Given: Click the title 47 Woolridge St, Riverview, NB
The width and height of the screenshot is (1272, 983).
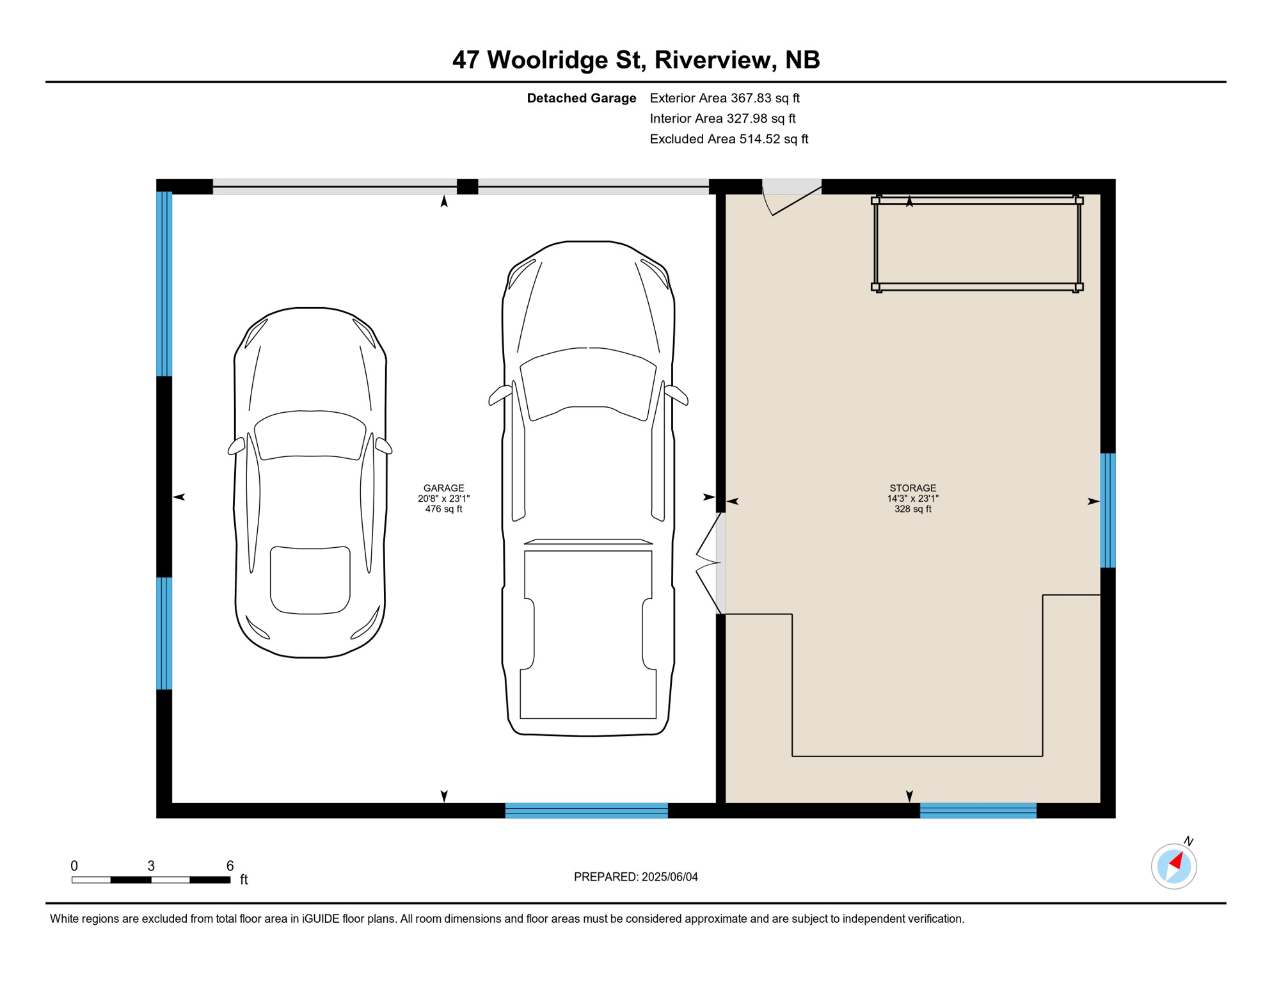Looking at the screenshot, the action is coord(635,60).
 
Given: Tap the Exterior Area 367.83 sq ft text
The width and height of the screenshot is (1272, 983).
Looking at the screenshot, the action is coord(724,98).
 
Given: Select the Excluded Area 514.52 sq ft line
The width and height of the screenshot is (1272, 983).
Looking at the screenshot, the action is coord(729,139).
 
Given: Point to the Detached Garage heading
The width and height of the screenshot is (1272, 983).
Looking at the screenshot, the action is coord(581,98).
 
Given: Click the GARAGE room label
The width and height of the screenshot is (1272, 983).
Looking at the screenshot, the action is coord(443,488).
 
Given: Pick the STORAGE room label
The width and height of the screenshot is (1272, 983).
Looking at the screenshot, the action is coord(912,488).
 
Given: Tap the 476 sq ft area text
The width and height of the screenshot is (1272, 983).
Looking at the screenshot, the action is coord(443,509).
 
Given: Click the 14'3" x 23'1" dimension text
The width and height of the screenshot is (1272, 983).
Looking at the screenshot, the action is coord(912,499).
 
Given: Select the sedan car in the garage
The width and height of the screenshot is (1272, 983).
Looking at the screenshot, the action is coord(310,483).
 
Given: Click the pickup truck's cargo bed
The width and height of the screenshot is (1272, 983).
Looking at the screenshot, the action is coord(588,634).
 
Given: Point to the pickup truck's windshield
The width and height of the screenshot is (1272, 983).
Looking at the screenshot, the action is coord(588,384).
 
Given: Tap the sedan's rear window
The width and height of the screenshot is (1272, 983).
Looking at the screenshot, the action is coord(310,580).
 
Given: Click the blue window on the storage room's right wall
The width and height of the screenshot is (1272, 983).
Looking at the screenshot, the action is coord(1108,510).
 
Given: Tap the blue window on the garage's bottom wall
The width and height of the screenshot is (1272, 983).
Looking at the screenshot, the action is coord(586,810).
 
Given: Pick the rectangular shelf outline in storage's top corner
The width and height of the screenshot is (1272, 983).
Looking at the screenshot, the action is coord(976,244).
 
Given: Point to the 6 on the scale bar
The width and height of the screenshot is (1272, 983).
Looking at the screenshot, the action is coord(230,866).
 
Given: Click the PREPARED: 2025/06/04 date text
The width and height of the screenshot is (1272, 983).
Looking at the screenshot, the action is coord(635,877).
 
